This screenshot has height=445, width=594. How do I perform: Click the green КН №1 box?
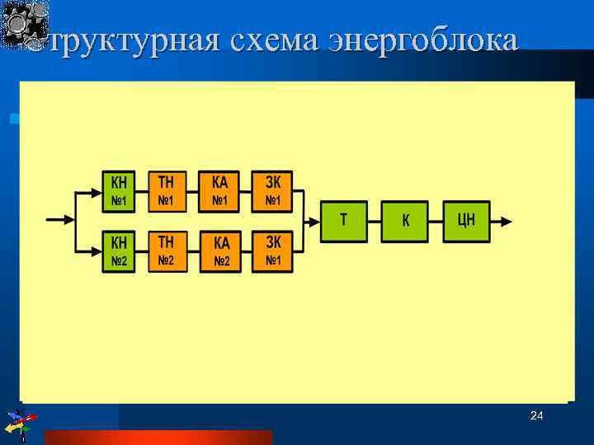[120, 191]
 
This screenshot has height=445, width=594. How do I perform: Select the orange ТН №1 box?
[167, 191]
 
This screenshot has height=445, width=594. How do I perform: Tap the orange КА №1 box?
[219, 191]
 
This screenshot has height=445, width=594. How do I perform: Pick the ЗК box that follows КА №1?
[272, 191]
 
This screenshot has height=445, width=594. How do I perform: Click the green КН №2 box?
[120, 252]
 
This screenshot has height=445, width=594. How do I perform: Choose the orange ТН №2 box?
[167, 252]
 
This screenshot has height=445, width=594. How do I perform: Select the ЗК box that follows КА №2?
[272, 252]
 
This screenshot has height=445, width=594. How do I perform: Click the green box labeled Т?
[343, 221]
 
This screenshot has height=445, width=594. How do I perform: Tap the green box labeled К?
[404, 221]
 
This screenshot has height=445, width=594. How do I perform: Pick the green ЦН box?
[466, 221]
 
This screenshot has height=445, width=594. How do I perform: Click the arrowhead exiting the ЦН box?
[506, 221]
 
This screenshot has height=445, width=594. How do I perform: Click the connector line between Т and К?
[374, 221]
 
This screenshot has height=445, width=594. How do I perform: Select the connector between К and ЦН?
[436, 221]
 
